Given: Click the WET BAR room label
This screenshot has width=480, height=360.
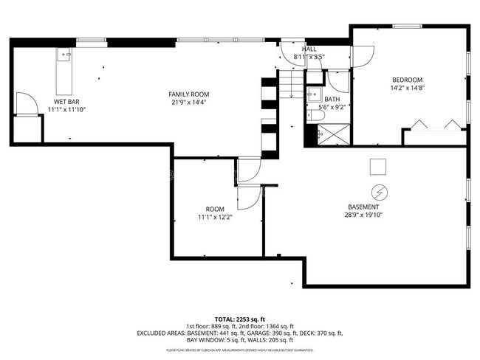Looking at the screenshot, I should pyautogui.click(x=66, y=101).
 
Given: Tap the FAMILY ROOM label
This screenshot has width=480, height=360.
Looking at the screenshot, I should pyautogui.click(x=189, y=94).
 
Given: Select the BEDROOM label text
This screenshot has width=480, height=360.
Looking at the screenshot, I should pyautogui.click(x=407, y=80).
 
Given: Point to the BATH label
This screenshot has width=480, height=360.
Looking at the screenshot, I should pyautogui.click(x=332, y=99).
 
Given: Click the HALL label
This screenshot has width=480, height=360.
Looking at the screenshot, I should pyautogui.click(x=310, y=49).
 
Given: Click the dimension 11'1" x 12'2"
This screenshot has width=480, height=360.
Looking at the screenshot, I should pyautogui.click(x=215, y=218).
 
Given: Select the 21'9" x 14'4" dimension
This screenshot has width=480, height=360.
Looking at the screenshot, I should pyautogui.click(x=189, y=103).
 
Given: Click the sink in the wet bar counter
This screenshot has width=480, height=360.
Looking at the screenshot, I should pyautogui.click(x=64, y=55).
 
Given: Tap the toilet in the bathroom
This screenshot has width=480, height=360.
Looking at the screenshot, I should pyautogui.click(x=311, y=134).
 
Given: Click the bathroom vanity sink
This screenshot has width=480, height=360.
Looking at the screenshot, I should pyautogui.click(x=312, y=94).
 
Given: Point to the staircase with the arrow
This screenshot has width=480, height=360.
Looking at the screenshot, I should pyautogui.click(x=291, y=83).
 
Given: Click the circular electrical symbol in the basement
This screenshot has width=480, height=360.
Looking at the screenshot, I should pyautogui.click(x=380, y=191).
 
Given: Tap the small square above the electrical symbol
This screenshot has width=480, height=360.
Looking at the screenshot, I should pyautogui.click(x=378, y=167).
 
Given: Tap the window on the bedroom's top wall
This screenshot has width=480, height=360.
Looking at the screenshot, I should pyautogui.click(x=407, y=27).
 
